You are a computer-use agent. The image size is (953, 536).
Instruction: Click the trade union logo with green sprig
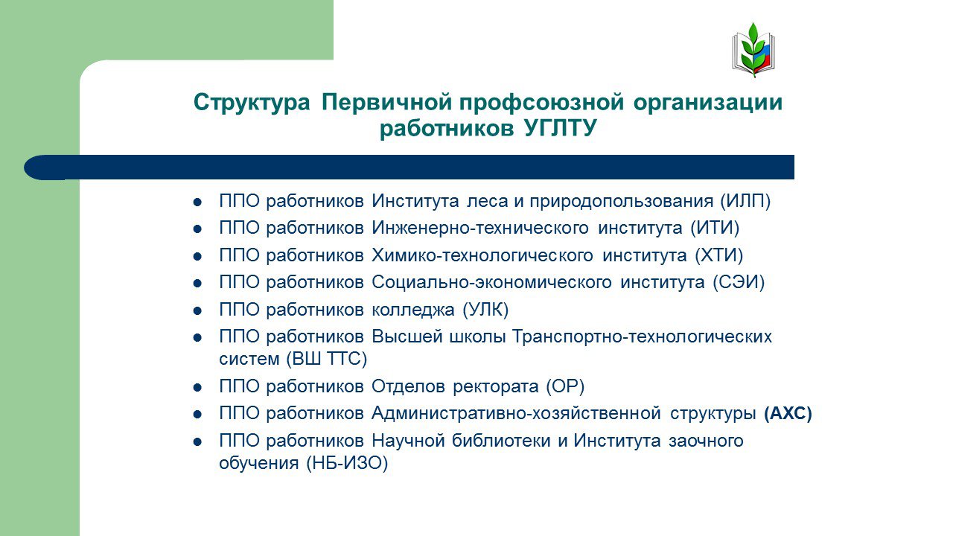pos(753,50)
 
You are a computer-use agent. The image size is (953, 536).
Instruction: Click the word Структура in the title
pos(252,103)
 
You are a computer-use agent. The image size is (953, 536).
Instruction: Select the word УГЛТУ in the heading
pos(561,128)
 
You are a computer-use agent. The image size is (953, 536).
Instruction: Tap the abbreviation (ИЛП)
pos(745,201)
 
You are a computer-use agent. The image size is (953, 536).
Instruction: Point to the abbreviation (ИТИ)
pos(715,228)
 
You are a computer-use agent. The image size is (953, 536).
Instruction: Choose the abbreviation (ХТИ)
pos(719,255)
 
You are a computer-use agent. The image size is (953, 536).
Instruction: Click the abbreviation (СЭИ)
pos(739,282)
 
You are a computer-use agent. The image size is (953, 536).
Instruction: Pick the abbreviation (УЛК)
pos(485,310)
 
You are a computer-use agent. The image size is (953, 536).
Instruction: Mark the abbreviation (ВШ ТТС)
pos(326,359)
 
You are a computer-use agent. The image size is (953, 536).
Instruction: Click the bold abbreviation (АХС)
pos(788,413)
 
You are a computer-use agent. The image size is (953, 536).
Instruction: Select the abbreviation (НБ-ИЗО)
pos(347,463)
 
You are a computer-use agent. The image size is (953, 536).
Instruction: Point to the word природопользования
pos(621,202)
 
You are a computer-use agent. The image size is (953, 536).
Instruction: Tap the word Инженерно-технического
pos(480,228)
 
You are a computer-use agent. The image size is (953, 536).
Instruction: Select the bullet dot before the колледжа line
pos(197,311)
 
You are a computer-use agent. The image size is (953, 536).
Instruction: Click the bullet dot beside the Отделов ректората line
pos(197,388)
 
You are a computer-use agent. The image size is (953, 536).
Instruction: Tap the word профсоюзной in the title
pos(541,103)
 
